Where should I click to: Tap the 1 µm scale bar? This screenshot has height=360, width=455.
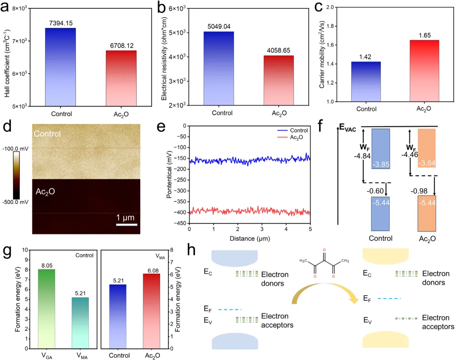point(127,224)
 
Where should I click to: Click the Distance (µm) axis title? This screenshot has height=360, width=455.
point(249,239)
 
